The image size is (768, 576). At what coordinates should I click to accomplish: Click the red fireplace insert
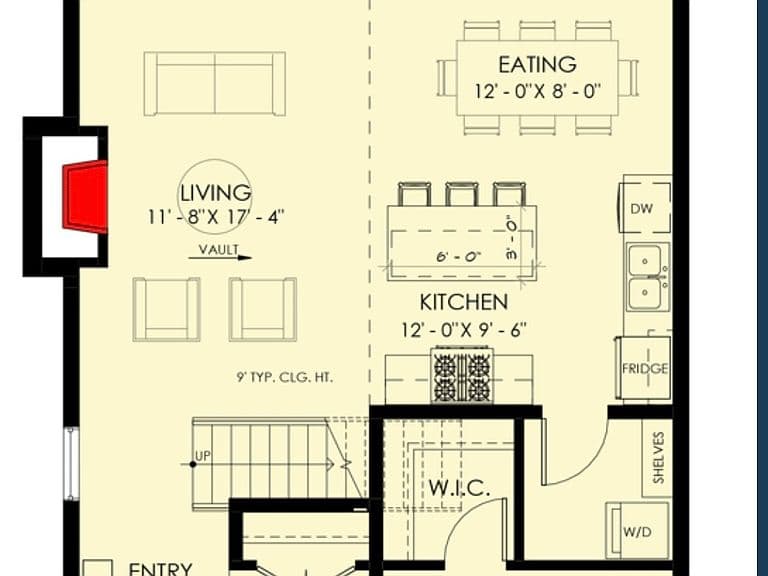tap(85, 196)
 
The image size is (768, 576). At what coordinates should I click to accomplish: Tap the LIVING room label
tap(216, 193)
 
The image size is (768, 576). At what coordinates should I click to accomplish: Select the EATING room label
tap(537, 65)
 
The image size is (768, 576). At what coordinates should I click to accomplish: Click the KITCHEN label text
tap(463, 302)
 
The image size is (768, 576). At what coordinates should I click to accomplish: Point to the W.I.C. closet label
tap(459, 488)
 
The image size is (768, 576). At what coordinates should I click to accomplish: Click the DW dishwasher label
tap(642, 209)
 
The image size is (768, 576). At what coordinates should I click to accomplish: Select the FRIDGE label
tap(645, 368)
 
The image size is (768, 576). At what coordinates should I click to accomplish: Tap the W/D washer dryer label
tap(637, 531)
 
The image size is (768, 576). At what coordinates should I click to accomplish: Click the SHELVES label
tap(659, 457)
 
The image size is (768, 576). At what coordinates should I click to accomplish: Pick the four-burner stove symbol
tap(462, 375)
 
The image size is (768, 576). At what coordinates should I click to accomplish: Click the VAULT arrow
tap(220, 257)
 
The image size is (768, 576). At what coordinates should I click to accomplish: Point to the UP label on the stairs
tap(203, 456)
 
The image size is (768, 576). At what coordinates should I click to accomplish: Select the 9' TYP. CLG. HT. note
tap(285, 377)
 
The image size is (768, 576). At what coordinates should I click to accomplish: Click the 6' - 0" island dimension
tap(458, 257)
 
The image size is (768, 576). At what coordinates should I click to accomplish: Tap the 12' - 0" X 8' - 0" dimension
tap(537, 92)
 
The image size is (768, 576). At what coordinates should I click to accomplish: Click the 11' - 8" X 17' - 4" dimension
tap(216, 217)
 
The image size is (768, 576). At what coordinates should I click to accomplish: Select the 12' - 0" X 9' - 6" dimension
tap(464, 330)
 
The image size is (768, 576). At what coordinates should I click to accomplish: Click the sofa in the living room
tap(215, 83)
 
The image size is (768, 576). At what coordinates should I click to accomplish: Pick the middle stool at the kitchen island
tap(462, 194)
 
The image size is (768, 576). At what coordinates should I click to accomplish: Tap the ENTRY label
tap(160, 569)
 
